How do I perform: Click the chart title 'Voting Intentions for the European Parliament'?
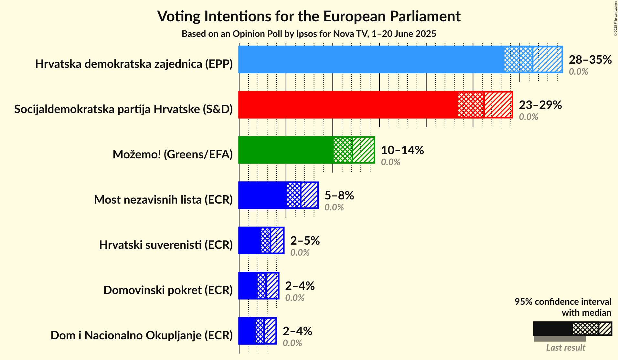click(309, 16)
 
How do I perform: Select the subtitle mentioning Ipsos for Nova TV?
click(309, 34)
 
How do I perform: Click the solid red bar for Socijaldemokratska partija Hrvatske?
click(348, 105)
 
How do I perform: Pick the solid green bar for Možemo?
click(286, 150)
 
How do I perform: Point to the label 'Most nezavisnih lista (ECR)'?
click(163, 200)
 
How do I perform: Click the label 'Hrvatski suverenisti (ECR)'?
click(166, 245)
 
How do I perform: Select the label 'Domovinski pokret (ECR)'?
click(168, 290)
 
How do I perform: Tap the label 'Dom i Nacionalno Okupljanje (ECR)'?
click(142, 335)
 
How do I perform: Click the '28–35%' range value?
click(590, 60)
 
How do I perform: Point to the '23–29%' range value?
click(540, 105)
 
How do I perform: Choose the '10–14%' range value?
click(402, 150)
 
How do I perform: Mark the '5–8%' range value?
click(339, 196)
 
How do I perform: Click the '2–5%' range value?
click(305, 241)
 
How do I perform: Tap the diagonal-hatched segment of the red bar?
click(498, 105)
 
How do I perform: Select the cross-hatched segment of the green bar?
click(343, 150)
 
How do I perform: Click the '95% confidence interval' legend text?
click(563, 302)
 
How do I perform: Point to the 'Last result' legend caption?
click(566, 348)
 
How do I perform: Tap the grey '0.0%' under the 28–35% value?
click(578, 72)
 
